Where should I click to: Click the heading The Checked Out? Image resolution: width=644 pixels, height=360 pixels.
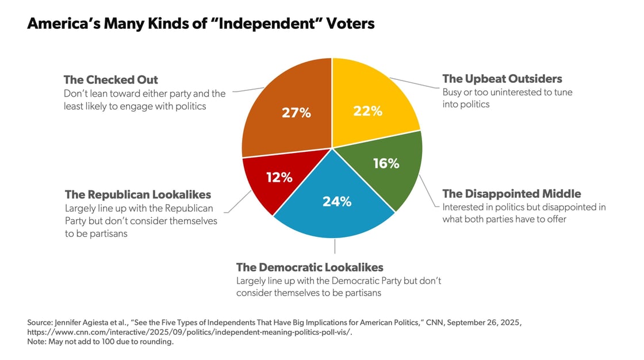110,80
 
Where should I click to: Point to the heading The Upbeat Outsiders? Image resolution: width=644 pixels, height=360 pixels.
502,79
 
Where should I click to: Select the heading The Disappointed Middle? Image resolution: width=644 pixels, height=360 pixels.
511,194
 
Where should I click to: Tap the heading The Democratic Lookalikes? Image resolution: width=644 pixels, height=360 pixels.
309,267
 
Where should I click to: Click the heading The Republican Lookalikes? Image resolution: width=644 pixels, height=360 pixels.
137,194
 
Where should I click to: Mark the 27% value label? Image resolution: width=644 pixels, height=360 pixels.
296,113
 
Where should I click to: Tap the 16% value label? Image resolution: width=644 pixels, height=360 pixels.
386,163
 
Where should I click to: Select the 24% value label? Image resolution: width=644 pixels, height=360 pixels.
336,202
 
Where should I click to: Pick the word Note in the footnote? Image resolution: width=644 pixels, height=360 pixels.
37,342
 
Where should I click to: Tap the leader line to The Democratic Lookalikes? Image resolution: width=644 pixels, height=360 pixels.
335,246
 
